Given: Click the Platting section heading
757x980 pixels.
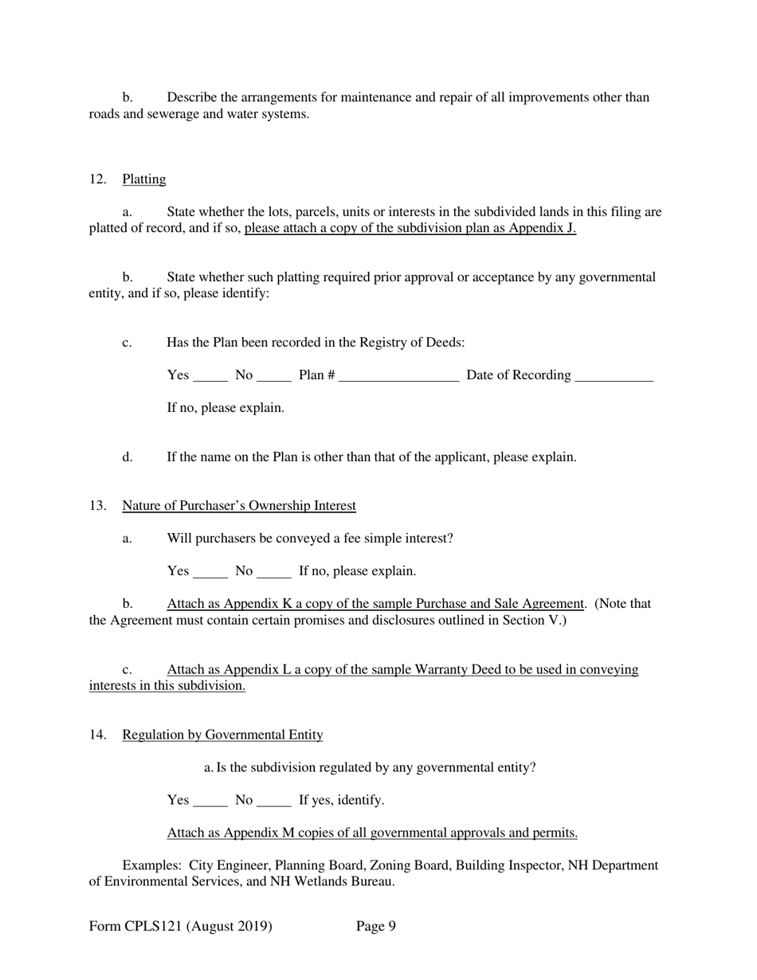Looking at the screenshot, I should (143, 179).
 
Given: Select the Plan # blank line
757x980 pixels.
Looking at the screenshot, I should (398, 376).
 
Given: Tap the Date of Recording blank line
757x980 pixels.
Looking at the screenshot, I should (614, 376).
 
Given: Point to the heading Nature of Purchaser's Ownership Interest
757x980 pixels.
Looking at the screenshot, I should (238, 506).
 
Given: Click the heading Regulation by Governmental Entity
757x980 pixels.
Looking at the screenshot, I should (222, 735).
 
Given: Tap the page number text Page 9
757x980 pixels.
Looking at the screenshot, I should (376, 926).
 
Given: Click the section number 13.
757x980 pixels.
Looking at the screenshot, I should (97, 506).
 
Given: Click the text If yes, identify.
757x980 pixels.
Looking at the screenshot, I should (341, 800).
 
